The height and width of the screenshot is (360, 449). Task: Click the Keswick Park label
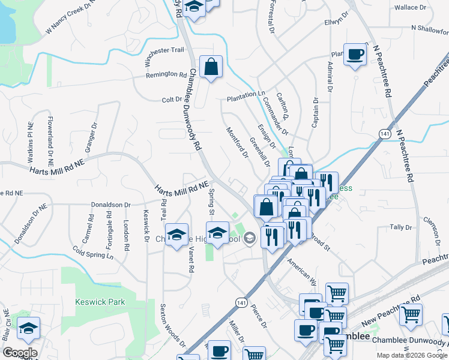(100, 302)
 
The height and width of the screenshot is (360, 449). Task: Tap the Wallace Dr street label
(411, 8)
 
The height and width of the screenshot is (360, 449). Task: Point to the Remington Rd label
(166, 75)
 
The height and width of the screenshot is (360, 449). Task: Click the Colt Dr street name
(171, 100)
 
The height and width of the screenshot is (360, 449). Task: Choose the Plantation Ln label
(246, 96)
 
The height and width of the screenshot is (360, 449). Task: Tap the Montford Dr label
(237, 142)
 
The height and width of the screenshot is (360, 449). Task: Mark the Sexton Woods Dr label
(172, 325)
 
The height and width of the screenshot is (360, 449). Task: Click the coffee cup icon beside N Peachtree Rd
(354, 55)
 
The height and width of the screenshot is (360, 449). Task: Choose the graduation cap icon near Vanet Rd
(177, 235)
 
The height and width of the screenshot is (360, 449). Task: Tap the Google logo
(20, 352)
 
